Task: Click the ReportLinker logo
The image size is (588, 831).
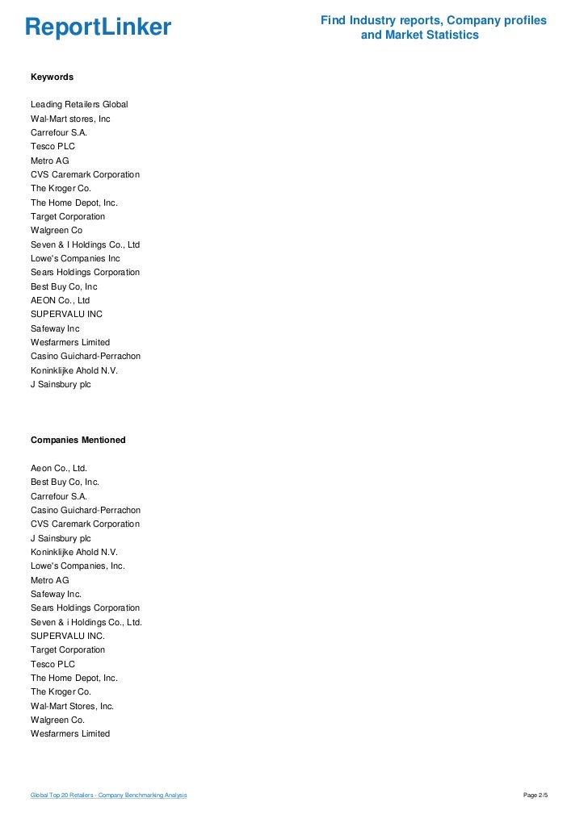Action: click(98, 27)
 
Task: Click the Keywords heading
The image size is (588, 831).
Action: click(52, 77)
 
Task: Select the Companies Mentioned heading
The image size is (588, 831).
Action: click(78, 440)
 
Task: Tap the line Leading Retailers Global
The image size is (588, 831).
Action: click(79, 105)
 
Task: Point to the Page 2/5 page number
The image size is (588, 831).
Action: click(535, 796)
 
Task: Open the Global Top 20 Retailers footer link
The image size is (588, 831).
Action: click(108, 796)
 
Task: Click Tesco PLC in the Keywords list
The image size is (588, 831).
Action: click(52, 147)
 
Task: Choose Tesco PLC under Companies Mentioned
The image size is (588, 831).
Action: click(52, 664)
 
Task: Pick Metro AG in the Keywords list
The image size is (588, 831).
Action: click(50, 161)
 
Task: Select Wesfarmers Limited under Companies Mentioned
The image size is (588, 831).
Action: click(70, 733)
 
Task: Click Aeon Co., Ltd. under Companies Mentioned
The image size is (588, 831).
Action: click(58, 468)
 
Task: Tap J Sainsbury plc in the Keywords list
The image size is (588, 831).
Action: click(61, 384)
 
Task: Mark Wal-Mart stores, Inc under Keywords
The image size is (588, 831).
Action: click(70, 119)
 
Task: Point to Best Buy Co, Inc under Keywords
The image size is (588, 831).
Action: click(64, 286)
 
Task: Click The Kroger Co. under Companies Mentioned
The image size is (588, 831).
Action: click(61, 691)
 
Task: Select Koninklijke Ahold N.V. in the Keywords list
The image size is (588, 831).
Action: click(74, 370)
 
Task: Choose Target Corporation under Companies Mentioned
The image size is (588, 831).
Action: click(68, 649)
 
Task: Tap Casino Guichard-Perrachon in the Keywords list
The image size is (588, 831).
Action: click(86, 356)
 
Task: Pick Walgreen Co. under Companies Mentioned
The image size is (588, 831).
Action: click(57, 720)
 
